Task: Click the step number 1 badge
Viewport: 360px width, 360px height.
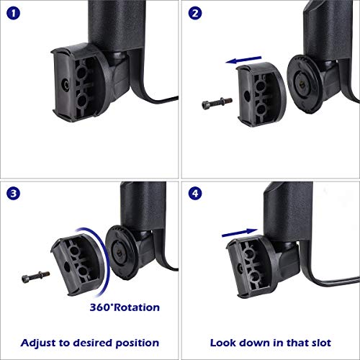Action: pos(14,13)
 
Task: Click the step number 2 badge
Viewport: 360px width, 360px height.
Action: pos(195,13)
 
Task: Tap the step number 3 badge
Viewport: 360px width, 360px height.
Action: pos(14,194)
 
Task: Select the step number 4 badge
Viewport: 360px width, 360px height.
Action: pos(195,194)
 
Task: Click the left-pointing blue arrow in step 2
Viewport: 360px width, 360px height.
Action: pos(243,60)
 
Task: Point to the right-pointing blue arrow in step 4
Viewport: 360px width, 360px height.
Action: pos(240,233)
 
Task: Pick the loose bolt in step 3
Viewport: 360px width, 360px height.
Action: pos(36,276)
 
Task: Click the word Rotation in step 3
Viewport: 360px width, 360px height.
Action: pos(137,307)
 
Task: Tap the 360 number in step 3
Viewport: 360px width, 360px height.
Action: pos(100,307)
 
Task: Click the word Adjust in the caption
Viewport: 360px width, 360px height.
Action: pos(38,343)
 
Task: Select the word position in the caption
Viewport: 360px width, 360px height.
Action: pos(137,343)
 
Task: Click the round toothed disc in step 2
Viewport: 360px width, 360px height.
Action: pos(305,84)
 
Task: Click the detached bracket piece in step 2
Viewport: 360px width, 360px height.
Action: pos(261,94)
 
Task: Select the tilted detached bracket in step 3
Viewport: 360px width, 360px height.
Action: pos(78,265)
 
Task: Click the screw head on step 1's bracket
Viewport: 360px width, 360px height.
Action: pos(66,85)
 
